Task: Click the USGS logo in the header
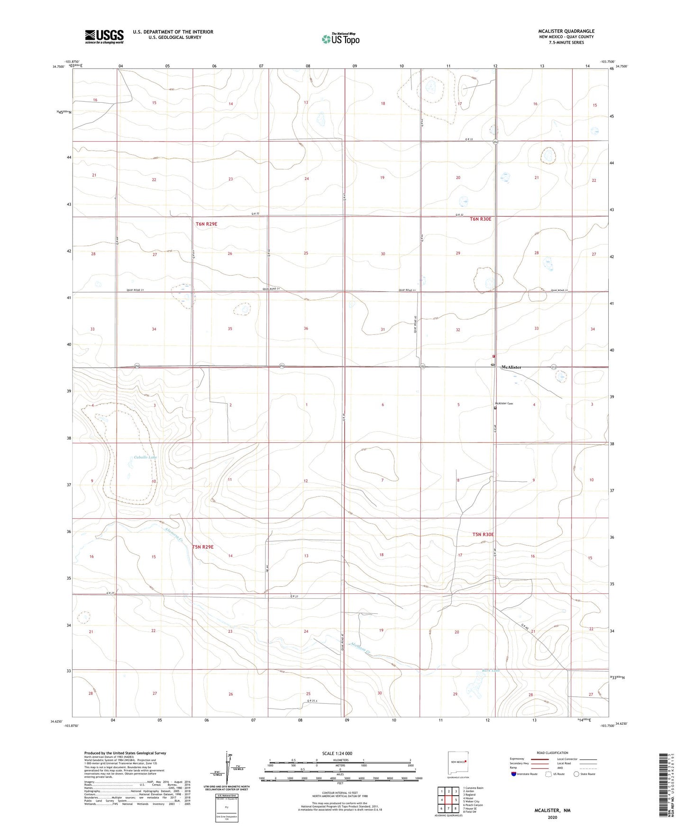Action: pos(104,36)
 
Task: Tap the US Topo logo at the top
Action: pos(340,38)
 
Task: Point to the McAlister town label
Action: pos(511,367)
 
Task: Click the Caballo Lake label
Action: pos(145,457)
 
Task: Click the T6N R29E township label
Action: pos(207,223)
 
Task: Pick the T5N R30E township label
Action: pos(483,534)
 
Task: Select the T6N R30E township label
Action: pos(480,219)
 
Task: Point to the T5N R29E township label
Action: pos(203,547)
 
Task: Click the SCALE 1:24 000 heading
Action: pos(340,753)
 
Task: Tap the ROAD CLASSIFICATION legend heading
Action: pos(552,753)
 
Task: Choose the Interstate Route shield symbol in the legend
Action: pos(514,774)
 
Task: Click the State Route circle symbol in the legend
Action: pos(576,774)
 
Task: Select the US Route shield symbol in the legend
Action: pos(548,774)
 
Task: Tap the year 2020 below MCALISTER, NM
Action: pos(552,817)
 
